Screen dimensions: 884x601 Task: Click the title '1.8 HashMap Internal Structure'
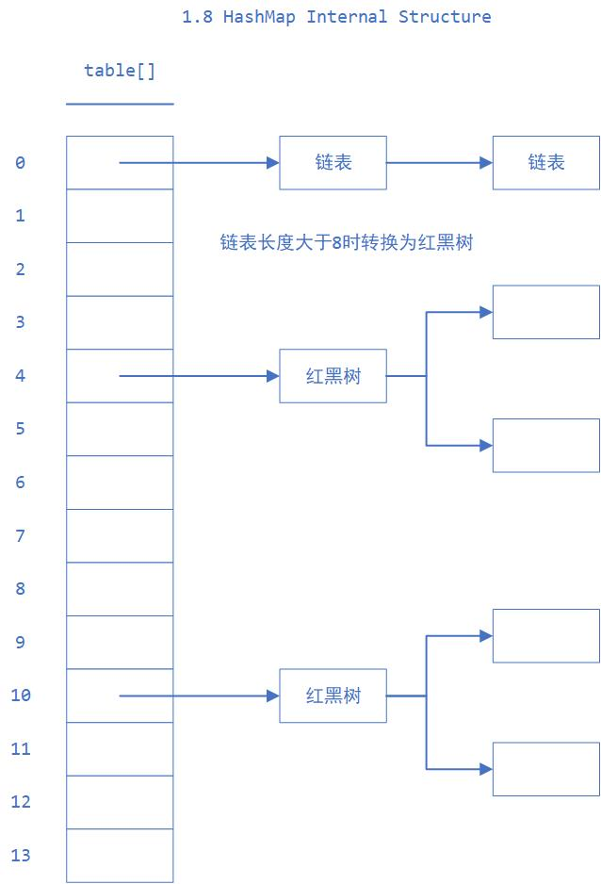336,17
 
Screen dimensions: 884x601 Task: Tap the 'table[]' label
120,71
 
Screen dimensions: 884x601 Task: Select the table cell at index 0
120,162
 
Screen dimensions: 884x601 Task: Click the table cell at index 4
120,376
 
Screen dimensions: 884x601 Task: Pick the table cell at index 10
120,696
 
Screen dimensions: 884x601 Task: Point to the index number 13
21,856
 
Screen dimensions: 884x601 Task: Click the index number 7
21,536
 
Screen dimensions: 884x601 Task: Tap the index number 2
21,270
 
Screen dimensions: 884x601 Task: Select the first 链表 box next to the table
333,162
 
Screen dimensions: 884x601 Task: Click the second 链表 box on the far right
545,162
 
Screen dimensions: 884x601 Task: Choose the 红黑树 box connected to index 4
333,376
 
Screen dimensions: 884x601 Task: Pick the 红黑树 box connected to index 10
333,696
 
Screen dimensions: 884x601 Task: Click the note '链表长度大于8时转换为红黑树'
346,243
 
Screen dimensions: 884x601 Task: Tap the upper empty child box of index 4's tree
545,312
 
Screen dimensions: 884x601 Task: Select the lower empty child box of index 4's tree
545,445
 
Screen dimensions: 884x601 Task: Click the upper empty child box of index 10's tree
545,635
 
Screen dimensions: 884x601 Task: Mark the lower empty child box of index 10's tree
545,769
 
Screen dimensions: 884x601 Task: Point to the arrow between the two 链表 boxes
439,162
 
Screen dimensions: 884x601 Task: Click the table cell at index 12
120,802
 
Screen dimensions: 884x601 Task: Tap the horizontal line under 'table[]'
120,104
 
